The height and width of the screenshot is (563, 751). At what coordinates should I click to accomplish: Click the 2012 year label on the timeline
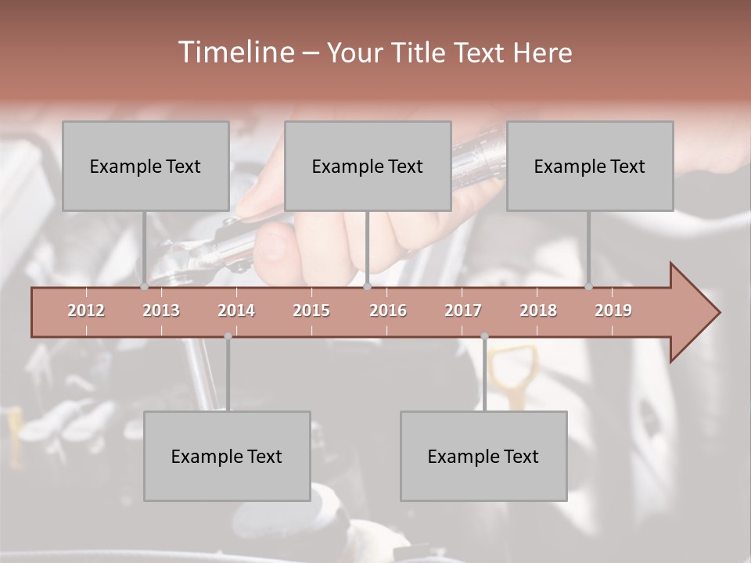point(86,310)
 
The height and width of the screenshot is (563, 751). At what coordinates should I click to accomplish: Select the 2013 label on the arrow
point(161,310)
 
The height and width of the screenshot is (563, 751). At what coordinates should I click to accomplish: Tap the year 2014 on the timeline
point(236,310)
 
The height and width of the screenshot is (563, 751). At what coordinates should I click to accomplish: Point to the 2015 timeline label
point(311,310)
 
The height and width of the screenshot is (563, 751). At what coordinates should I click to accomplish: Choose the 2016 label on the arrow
point(388,310)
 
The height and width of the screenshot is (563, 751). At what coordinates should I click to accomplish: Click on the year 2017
point(463,310)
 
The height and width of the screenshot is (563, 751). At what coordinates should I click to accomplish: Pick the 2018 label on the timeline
point(538,310)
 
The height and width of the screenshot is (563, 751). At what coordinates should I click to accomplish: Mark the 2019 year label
point(613,310)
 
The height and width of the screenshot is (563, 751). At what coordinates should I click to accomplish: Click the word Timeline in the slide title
point(235,52)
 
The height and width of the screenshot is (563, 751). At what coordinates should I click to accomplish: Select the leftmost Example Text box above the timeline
point(146,166)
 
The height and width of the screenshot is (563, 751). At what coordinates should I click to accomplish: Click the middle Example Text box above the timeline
point(368,166)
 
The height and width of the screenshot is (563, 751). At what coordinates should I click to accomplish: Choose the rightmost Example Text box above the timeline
point(590,166)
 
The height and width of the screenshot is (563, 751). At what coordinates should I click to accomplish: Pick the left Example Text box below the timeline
point(227,456)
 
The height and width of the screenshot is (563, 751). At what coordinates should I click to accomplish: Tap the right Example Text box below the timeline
point(483,456)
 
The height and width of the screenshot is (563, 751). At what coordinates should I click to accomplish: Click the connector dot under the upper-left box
point(145,287)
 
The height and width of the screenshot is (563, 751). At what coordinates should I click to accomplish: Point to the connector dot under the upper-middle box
point(368,287)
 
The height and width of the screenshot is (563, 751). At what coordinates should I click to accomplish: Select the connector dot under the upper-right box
point(589,287)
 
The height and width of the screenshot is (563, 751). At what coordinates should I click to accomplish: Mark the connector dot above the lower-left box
point(228,336)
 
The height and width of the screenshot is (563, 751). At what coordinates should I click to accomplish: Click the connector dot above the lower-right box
point(484,336)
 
